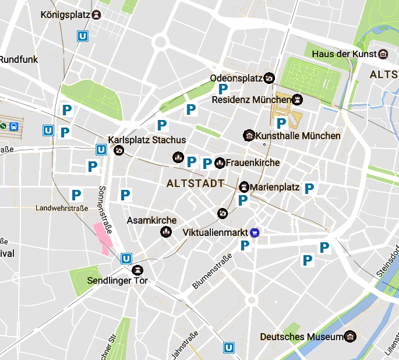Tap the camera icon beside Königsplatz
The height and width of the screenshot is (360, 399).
(96, 15)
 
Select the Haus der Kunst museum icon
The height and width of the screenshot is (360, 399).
(383, 54)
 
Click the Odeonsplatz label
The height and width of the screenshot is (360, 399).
(236, 78)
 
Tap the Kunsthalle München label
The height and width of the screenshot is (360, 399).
(298, 136)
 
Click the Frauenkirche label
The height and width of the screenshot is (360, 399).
(253, 163)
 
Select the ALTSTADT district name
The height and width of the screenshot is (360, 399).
(196, 183)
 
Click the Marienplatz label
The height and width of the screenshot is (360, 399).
(274, 188)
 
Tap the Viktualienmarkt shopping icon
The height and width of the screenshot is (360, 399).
(255, 232)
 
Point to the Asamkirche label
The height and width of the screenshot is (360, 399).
(151, 221)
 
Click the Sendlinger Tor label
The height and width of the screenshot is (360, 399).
(118, 281)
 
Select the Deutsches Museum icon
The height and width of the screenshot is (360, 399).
(349, 337)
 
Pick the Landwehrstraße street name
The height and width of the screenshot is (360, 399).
(62, 209)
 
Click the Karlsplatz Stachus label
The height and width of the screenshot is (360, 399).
(147, 140)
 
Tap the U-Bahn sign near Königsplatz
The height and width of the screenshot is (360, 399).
(84, 36)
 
